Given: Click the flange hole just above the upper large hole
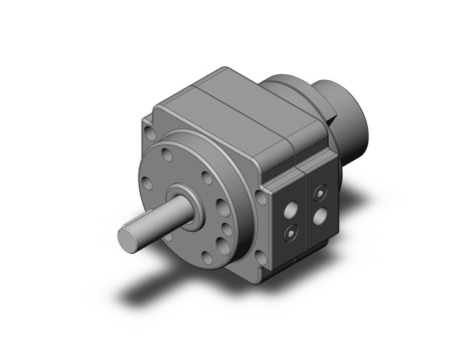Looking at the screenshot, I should pyautogui.click(x=207, y=178).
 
